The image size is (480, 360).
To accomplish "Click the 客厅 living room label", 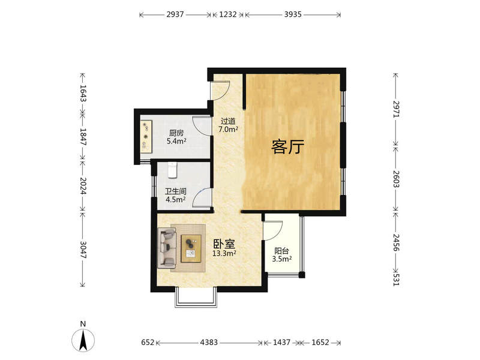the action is coord(287,146).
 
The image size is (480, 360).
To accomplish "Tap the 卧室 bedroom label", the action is coord(224,244).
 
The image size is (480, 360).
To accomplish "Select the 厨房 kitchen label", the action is coord(176,133).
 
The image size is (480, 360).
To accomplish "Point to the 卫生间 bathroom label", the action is coord(176,191).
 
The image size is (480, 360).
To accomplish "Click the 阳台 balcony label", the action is coord(281,251).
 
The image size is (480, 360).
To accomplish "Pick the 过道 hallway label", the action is coord(228,121).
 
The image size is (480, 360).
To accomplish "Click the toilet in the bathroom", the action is coord(172,170).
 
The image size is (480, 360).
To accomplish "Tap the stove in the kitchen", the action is coord(146,136).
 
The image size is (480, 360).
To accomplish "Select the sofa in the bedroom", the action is coord(167,248).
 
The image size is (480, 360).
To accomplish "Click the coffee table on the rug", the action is coord(191,248).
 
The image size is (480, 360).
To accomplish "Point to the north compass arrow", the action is coord(83,340).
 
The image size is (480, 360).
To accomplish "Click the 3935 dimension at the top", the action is coord(293,14).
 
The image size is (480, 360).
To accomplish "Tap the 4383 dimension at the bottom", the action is coord(209,342).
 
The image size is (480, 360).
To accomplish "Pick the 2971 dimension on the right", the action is coord(396,109).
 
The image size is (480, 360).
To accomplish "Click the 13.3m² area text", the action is coord(224,253).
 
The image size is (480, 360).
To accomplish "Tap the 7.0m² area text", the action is coord(229,129).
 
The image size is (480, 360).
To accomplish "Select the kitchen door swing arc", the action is coord(199,125).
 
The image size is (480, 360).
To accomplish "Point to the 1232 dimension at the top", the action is coord(228,14).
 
